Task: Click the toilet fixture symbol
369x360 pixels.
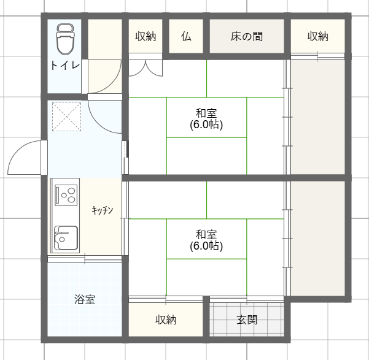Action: point(66,39)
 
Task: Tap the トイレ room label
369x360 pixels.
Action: point(65,66)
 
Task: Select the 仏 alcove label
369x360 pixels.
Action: point(186,36)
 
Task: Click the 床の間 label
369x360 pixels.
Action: point(247,36)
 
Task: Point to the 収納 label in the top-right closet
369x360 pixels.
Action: point(317,36)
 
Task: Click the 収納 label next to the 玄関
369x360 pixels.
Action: point(166,320)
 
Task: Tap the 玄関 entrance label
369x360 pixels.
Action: point(247,320)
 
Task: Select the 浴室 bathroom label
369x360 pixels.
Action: point(85,299)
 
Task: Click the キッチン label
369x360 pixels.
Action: point(103,210)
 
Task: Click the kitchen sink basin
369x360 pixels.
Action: point(66,238)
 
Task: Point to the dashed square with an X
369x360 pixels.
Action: point(66,117)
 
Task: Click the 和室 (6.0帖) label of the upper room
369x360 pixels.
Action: point(206,119)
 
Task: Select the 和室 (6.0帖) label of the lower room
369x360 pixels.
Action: point(206,240)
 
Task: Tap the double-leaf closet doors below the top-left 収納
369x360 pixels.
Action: point(146,68)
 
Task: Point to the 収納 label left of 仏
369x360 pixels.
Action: point(146,36)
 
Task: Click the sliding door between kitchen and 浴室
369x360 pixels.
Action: point(85,259)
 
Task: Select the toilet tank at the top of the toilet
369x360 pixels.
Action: point(65,28)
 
